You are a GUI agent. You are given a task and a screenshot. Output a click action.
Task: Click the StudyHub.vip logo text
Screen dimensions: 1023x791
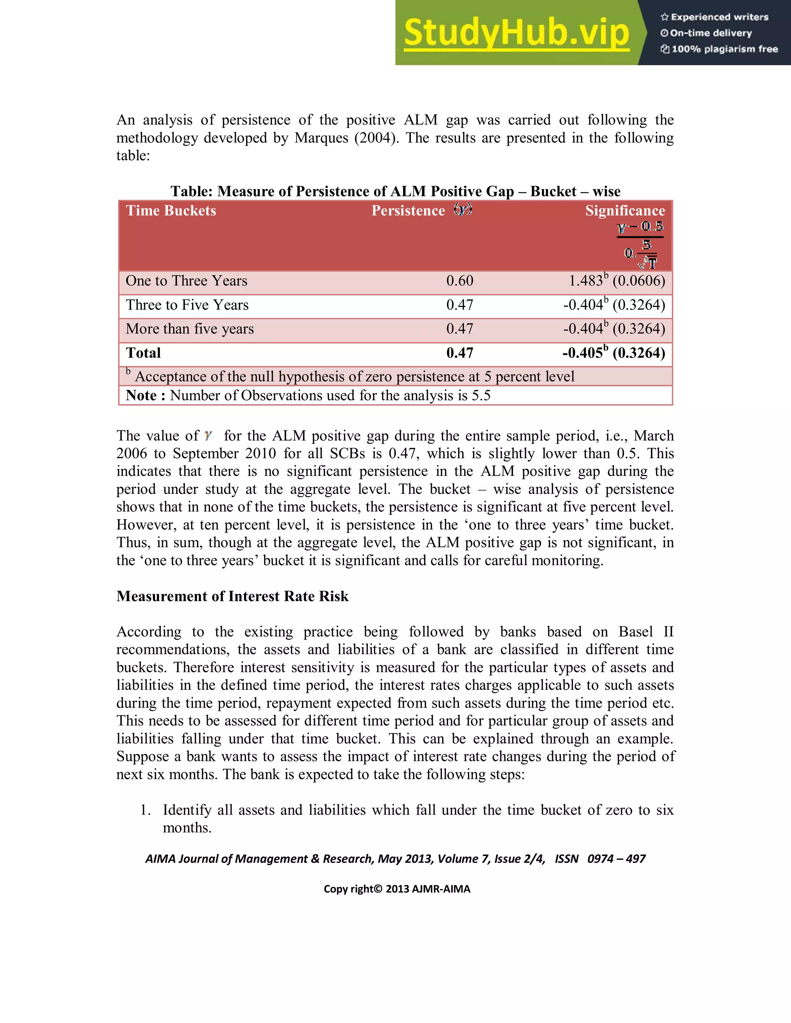(x=516, y=33)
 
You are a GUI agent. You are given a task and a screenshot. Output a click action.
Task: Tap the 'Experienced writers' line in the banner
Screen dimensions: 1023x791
(x=715, y=17)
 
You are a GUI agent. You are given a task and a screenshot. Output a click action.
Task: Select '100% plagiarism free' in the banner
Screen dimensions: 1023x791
(x=719, y=49)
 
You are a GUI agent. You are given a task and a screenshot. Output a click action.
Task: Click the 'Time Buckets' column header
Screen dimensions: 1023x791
(x=171, y=211)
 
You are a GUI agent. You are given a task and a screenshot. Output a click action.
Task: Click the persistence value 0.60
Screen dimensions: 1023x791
(x=459, y=281)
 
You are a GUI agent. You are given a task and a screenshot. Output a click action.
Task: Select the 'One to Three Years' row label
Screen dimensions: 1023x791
(x=186, y=281)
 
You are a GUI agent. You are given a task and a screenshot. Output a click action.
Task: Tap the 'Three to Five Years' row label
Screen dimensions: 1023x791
(x=187, y=305)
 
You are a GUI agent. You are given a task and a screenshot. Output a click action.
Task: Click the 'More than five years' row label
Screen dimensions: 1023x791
(x=189, y=329)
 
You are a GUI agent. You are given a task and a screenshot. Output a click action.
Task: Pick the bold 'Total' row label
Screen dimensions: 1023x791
(x=143, y=353)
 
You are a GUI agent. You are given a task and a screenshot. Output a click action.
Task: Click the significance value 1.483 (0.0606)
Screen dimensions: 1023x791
(x=617, y=281)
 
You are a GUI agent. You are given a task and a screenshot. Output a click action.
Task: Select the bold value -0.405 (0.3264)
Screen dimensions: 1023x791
(x=613, y=353)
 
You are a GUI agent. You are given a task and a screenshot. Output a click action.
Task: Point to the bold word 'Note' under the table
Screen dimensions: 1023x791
(x=141, y=395)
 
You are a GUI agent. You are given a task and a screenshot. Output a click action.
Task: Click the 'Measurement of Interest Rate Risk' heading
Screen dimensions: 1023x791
(x=233, y=596)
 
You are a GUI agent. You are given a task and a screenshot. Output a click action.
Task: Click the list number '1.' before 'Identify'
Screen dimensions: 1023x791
(x=146, y=810)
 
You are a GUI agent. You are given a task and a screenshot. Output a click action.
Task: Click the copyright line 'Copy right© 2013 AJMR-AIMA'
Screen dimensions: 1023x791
(x=396, y=889)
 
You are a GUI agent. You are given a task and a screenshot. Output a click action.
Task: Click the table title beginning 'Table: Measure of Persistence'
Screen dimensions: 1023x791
(x=395, y=191)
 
